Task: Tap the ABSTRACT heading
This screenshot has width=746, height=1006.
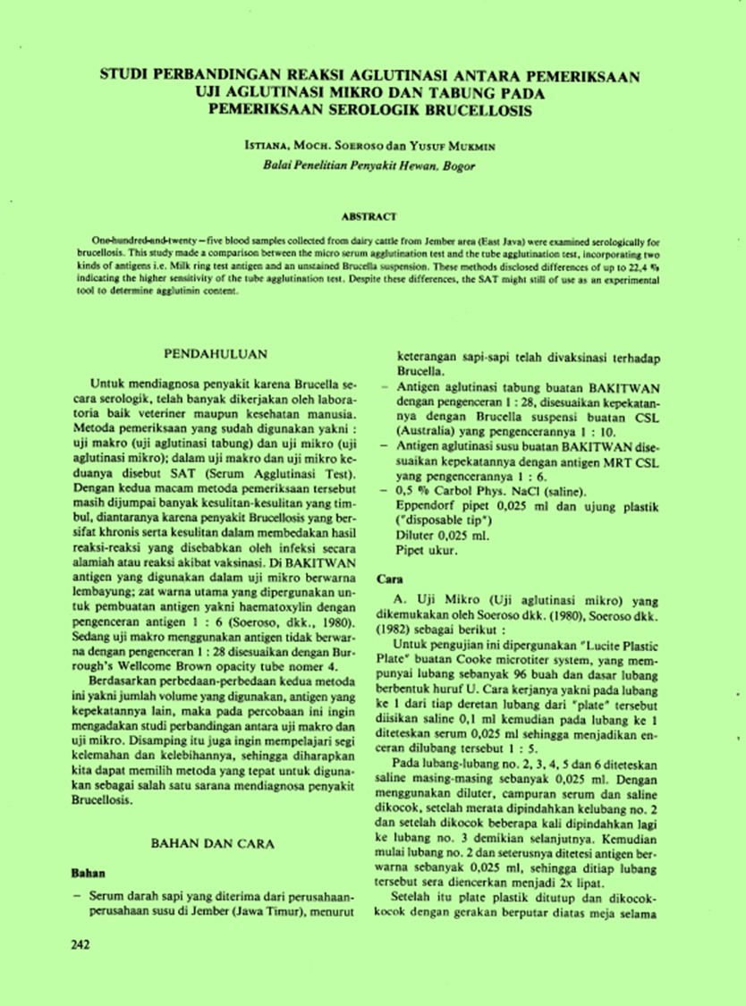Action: (x=369, y=216)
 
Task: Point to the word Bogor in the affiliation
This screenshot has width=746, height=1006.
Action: (x=457, y=165)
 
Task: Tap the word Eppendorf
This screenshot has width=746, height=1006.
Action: (x=425, y=505)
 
